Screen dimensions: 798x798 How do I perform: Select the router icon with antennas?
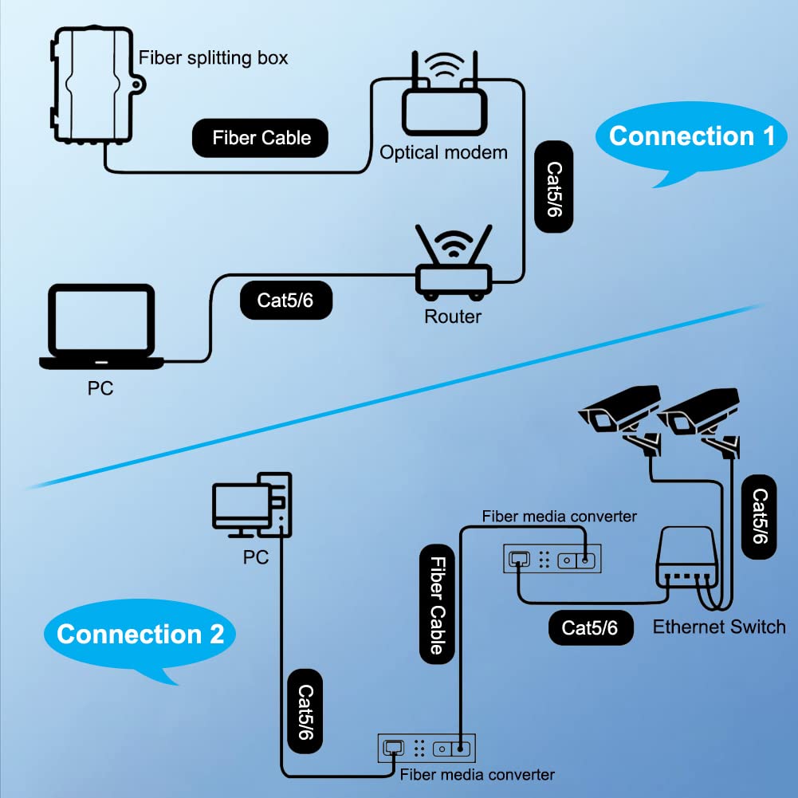(452, 267)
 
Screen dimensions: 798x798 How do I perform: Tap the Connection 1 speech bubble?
(690, 137)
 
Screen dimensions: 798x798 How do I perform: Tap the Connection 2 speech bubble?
(140, 635)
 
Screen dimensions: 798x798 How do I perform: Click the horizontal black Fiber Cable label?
(261, 138)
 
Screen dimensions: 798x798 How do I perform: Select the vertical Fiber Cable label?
(437, 603)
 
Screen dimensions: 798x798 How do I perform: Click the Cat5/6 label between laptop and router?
(285, 300)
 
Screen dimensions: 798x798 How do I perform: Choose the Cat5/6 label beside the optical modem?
(554, 187)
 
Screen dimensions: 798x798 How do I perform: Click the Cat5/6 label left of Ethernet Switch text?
(590, 627)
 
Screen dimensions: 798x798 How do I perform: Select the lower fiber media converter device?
(426, 749)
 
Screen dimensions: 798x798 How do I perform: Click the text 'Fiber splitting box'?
(214, 57)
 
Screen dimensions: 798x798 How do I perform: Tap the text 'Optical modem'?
(443, 152)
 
